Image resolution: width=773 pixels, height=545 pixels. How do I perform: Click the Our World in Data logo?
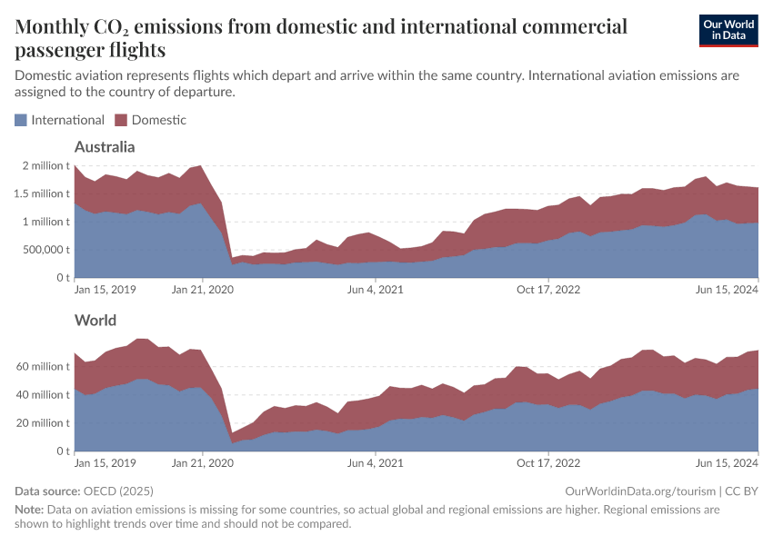[728, 29]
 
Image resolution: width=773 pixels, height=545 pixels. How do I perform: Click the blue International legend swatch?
[21, 120]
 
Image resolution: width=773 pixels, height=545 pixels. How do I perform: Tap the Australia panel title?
[105, 147]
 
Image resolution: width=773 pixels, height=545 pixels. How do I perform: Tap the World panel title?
[95, 321]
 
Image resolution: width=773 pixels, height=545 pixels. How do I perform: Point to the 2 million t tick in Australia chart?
[43, 166]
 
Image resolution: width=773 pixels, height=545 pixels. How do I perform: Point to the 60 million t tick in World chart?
[43, 366]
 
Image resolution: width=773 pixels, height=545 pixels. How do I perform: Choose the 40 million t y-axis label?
[43, 394]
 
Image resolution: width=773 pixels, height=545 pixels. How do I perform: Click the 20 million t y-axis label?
[43, 422]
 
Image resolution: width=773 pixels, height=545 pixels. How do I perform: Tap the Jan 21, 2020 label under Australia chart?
[201, 290]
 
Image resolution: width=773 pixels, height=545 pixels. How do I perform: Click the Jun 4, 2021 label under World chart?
[375, 463]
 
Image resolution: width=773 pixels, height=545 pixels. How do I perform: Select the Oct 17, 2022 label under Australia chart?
[547, 290]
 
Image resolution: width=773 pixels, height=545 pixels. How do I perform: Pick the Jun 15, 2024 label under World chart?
[727, 463]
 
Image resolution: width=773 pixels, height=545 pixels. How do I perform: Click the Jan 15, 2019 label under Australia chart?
[105, 290]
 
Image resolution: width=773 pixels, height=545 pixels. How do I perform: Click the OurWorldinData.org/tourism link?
[640, 491]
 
